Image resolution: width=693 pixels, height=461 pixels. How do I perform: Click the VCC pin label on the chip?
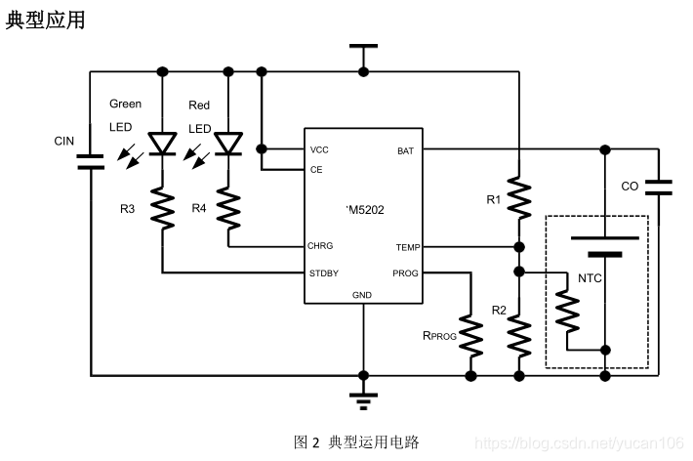pos(319,150)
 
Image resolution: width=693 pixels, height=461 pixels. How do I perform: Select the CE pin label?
pos(316,169)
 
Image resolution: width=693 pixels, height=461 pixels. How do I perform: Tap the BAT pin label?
pos(405,150)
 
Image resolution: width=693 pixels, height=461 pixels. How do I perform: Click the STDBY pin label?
pos(324,272)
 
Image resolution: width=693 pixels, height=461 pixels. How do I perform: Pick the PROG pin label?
pos(405,272)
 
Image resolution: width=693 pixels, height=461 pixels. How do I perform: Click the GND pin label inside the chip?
pos(361,294)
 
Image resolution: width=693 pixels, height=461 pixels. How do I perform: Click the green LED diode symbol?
pos(162,144)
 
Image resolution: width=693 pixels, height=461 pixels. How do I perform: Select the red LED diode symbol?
pos(228,144)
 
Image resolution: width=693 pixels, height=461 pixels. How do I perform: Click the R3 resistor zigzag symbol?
pos(162,208)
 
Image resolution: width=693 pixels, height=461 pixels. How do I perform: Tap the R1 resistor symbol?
pos(519,198)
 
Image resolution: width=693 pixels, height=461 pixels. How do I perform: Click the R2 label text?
pos(500,311)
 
